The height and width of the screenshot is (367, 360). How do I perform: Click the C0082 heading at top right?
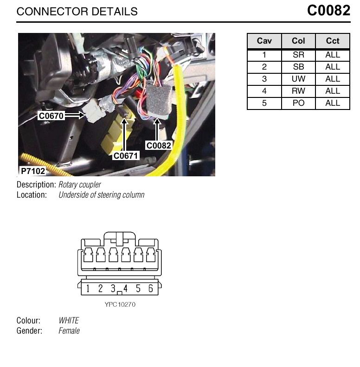coord(328,11)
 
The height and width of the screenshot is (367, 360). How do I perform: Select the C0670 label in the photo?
coord(51,116)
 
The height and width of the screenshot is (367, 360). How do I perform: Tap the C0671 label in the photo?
coord(126,155)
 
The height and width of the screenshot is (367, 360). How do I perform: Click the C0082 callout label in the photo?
coord(159,145)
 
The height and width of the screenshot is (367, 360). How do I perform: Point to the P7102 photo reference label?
coord(33,171)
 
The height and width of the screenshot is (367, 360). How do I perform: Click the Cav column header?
coord(264,41)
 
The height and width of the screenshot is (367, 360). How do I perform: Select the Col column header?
coord(298,41)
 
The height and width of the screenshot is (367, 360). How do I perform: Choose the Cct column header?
coord(332,41)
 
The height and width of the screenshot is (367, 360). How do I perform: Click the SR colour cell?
coord(298,55)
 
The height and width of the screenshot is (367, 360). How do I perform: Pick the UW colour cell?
coord(298,79)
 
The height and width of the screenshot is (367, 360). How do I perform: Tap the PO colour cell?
coord(298,103)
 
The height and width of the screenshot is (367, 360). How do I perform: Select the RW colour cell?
coord(298,91)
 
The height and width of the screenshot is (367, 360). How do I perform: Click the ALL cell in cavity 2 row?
coord(333,67)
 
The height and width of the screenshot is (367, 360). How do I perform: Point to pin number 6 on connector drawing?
coord(150,289)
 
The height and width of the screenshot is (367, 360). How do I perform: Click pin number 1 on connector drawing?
coord(88,289)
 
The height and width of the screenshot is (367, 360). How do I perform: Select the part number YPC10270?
coord(120,304)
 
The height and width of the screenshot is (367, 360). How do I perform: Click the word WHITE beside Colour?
coord(69,320)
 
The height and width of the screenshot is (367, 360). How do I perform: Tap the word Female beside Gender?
coord(69,330)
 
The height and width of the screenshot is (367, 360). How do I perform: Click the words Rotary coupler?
coord(80,185)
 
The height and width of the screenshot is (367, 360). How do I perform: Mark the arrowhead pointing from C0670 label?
coord(82,115)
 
